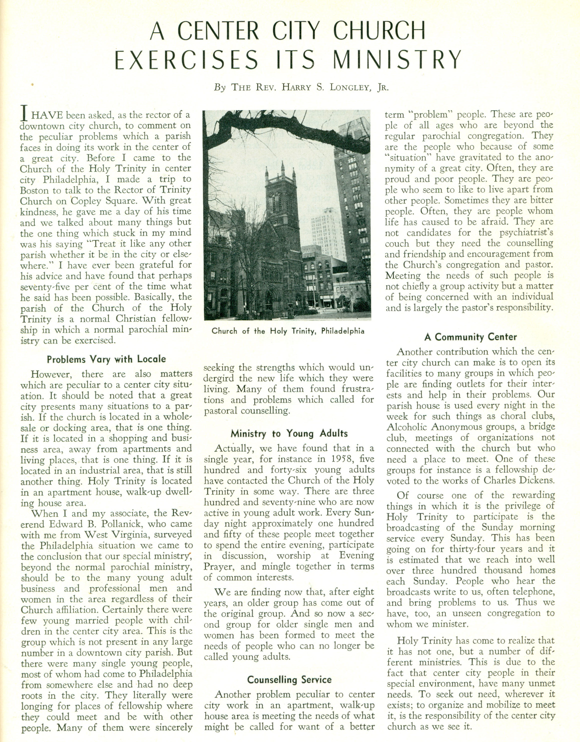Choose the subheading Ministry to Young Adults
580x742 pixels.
[289, 433]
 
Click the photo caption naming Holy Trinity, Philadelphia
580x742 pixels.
[287, 331]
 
